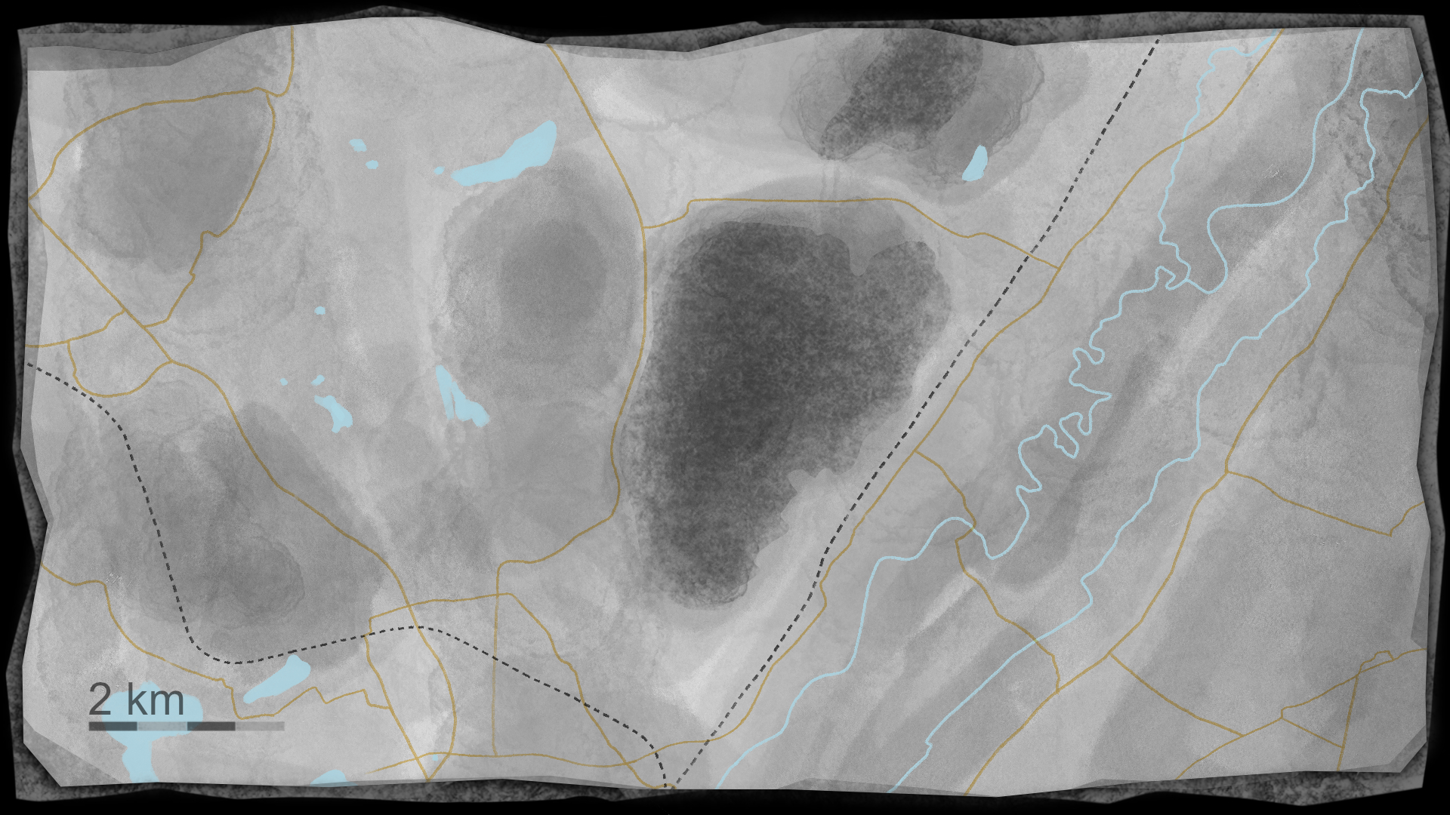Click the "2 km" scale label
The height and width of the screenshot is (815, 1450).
point(136,700)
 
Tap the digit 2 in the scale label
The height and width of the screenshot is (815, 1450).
point(100,700)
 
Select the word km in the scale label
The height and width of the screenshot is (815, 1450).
point(155,700)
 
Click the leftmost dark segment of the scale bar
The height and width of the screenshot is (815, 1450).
point(113,726)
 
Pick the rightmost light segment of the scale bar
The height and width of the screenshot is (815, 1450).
point(260,726)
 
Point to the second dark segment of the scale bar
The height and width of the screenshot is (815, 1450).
point(211,726)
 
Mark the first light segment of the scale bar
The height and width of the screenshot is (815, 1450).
point(162,726)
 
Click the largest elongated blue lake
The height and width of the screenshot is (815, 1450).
point(510,157)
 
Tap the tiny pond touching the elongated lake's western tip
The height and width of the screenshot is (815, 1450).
point(438,171)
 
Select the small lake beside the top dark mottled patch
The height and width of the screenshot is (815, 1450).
point(976,163)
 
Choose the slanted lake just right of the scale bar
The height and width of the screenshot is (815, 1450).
point(277,679)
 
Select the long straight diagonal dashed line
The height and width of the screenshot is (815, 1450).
point(944,377)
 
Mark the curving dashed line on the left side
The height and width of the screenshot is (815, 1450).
point(151,513)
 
